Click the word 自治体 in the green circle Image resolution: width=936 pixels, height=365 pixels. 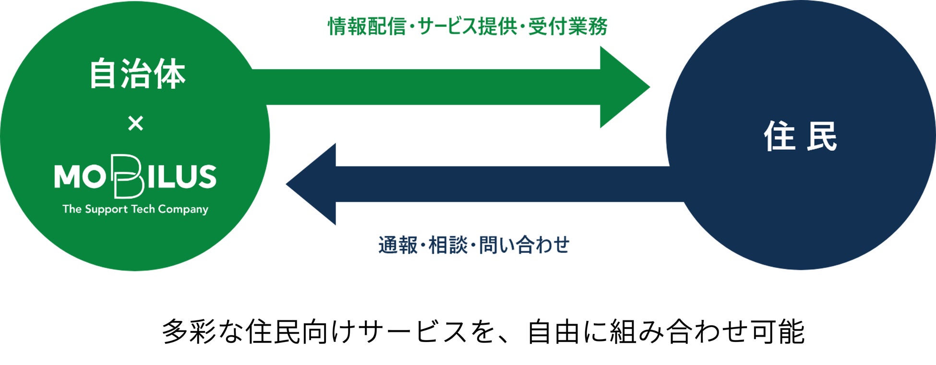coord(137,74)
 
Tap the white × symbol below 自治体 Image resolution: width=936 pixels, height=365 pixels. coord(136,124)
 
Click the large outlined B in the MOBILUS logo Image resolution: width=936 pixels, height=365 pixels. coord(127,177)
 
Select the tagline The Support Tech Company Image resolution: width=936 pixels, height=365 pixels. coord(135,209)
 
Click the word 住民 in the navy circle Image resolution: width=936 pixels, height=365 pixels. coord(800,137)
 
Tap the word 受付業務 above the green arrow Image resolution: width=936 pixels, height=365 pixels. coord(568,26)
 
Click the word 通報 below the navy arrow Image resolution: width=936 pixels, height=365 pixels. coord(398,245)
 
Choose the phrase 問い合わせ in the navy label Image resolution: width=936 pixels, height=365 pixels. coord(524,245)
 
